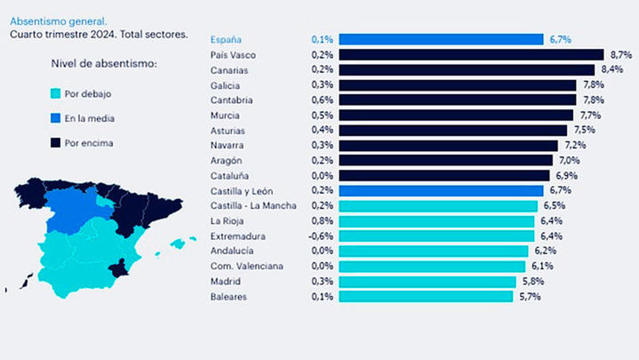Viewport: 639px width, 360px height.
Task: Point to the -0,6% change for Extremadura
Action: pos(321,236)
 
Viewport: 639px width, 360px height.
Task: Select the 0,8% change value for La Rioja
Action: pos(323,220)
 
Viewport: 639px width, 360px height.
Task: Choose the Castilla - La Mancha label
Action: pos(253,205)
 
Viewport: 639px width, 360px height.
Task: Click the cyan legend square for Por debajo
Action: pos(56,93)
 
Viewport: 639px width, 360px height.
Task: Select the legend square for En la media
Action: pos(56,117)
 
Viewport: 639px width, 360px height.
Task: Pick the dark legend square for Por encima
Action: pos(56,142)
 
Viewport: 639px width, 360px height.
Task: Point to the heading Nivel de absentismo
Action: pos(105,63)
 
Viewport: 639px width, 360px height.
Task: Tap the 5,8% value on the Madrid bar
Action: pos(531,281)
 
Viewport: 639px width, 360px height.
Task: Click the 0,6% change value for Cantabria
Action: pos(323,100)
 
